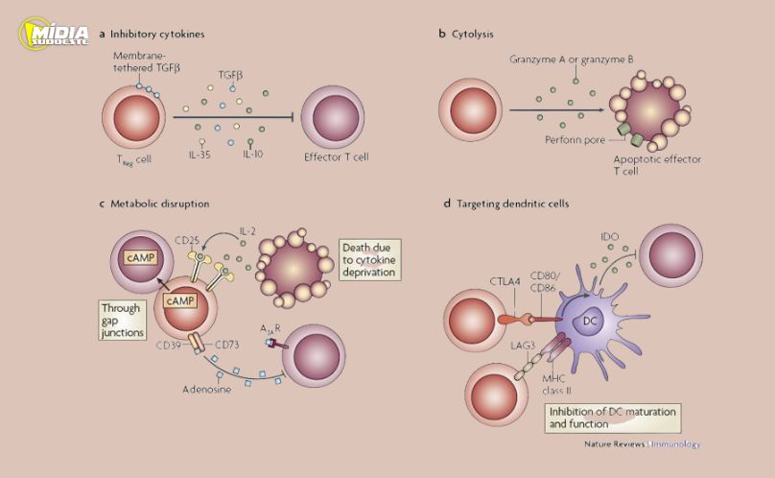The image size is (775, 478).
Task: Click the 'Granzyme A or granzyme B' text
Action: [572, 60]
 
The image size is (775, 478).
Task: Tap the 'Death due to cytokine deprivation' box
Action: [369, 259]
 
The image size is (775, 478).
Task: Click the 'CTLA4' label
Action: [505, 279]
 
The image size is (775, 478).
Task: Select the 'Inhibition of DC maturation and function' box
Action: [611, 417]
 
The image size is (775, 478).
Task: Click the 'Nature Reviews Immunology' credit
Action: [642, 444]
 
